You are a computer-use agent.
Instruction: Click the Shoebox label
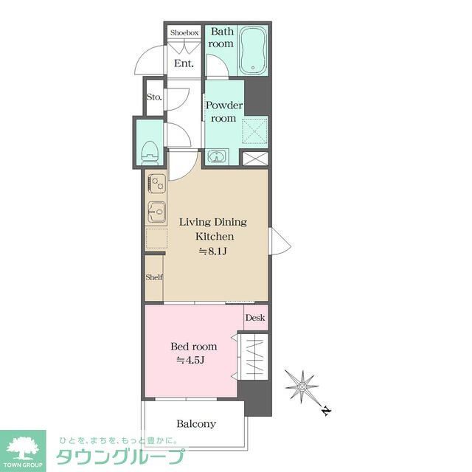pyautogui.click(x=184, y=32)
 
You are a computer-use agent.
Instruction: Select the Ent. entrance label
pyautogui.click(x=184, y=63)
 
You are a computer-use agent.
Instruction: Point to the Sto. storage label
pyautogui.click(x=153, y=97)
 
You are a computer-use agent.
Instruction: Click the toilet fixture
pyautogui.click(x=150, y=151)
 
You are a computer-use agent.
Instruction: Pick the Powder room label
pyautogui.click(x=223, y=111)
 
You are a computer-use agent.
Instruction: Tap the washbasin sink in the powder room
pyautogui.click(x=217, y=156)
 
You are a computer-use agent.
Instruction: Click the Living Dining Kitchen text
pyautogui.click(x=214, y=229)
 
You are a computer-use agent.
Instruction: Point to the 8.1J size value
pyautogui.click(x=214, y=251)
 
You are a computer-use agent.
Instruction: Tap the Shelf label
pyautogui.click(x=153, y=277)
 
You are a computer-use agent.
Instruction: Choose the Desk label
pyautogui.click(x=254, y=319)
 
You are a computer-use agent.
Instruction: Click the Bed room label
pyautogui.click(x=194, y=346)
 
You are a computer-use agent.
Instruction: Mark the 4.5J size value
pyautogui.click(x=190, y=360)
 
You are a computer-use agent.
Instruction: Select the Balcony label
pyautogui.click(x=196, y=423)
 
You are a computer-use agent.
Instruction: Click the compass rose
pyautogui.click(x=302, y=386)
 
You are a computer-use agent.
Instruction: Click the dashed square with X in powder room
pyautogui.click(x=254, y=130)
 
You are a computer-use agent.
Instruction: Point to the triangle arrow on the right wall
pyautogui.click(x=274, y=241)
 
